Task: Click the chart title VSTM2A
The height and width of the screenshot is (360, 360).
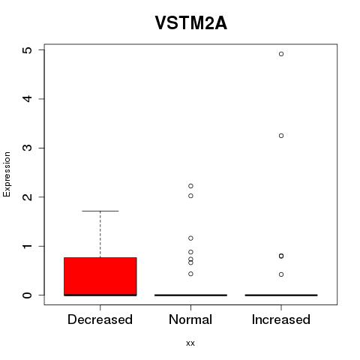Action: [191, 23]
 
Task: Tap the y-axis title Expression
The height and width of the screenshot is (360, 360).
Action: [7, 174]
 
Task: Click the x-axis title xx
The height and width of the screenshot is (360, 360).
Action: [190, 343]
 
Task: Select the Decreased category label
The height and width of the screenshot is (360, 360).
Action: [100, 319]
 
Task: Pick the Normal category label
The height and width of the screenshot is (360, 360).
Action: [190, 319]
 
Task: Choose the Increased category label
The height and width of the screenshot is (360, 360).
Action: [281, 319]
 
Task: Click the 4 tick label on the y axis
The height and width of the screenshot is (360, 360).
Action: [28, 99]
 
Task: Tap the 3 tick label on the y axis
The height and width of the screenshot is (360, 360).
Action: [28, 148]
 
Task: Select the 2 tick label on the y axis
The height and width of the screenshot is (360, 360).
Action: [28, 197]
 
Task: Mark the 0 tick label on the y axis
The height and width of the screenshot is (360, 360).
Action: [28, 295]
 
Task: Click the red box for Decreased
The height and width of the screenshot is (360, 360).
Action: [100, 277]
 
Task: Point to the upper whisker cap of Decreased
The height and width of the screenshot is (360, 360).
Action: [100, 211]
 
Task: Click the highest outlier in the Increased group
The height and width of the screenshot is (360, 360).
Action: [281, 54]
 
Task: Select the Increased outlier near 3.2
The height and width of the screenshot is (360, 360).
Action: [281, 136]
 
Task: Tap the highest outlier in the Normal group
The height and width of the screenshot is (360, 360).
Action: [190, 186]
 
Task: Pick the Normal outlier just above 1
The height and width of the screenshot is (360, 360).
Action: [190, 238]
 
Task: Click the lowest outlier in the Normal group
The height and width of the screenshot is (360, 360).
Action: [190, 274]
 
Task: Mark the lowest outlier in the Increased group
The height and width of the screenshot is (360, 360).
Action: [281, 274]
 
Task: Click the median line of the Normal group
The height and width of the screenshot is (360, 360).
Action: [190, 295]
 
